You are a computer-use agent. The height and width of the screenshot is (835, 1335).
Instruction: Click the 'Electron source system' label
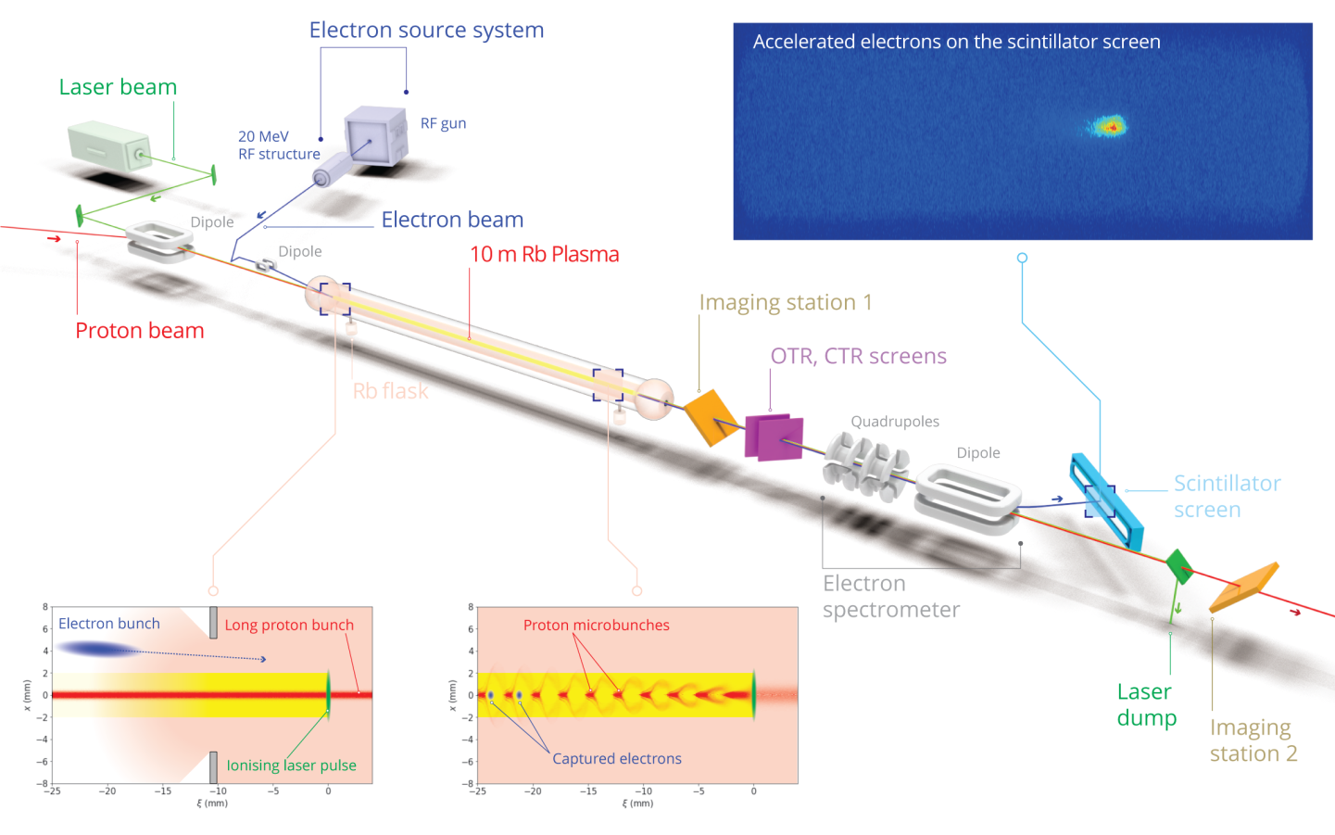[426, 31]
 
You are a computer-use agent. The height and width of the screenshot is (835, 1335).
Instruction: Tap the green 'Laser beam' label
[118, 87]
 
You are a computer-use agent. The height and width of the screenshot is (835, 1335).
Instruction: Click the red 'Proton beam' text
[140, 331]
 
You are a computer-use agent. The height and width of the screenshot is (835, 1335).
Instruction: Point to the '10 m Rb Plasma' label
[544, 254]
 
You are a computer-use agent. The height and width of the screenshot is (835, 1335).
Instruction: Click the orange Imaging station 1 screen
[712, 415]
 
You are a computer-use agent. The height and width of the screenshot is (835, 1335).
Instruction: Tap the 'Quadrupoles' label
[895, 422]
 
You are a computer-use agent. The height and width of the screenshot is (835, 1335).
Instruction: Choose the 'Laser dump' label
[1146, 705]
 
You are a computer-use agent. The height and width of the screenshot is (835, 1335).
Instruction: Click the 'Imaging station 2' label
[1253, 740]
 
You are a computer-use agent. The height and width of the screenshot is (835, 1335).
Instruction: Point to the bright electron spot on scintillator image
[1108, 126]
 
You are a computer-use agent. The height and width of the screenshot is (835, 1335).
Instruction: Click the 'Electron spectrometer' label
[890, 597]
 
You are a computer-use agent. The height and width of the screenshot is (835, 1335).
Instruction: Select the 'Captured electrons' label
[616, 758]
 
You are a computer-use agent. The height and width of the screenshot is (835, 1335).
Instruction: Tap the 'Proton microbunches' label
[596, 626]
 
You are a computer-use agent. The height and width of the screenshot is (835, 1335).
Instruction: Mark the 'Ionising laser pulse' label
[291, 765]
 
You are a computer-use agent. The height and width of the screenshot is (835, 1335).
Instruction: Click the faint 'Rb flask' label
[390, 391]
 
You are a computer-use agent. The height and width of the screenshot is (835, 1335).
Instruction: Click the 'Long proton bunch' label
[289, 626]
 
